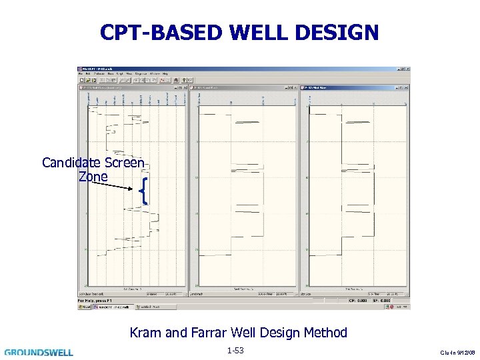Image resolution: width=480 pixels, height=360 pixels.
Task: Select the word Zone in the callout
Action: (93, 177)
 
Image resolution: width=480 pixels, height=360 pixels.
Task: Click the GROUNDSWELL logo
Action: (39, 351)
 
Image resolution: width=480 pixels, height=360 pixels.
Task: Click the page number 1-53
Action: (235, 351)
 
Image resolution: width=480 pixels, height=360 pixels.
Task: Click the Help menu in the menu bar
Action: (165, 74)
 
